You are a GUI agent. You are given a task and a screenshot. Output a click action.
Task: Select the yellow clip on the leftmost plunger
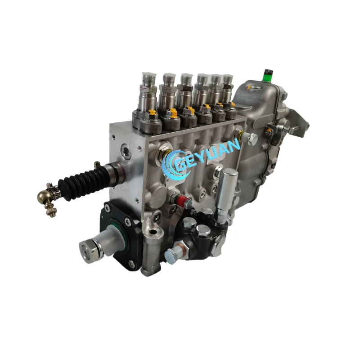click(152, 112)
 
